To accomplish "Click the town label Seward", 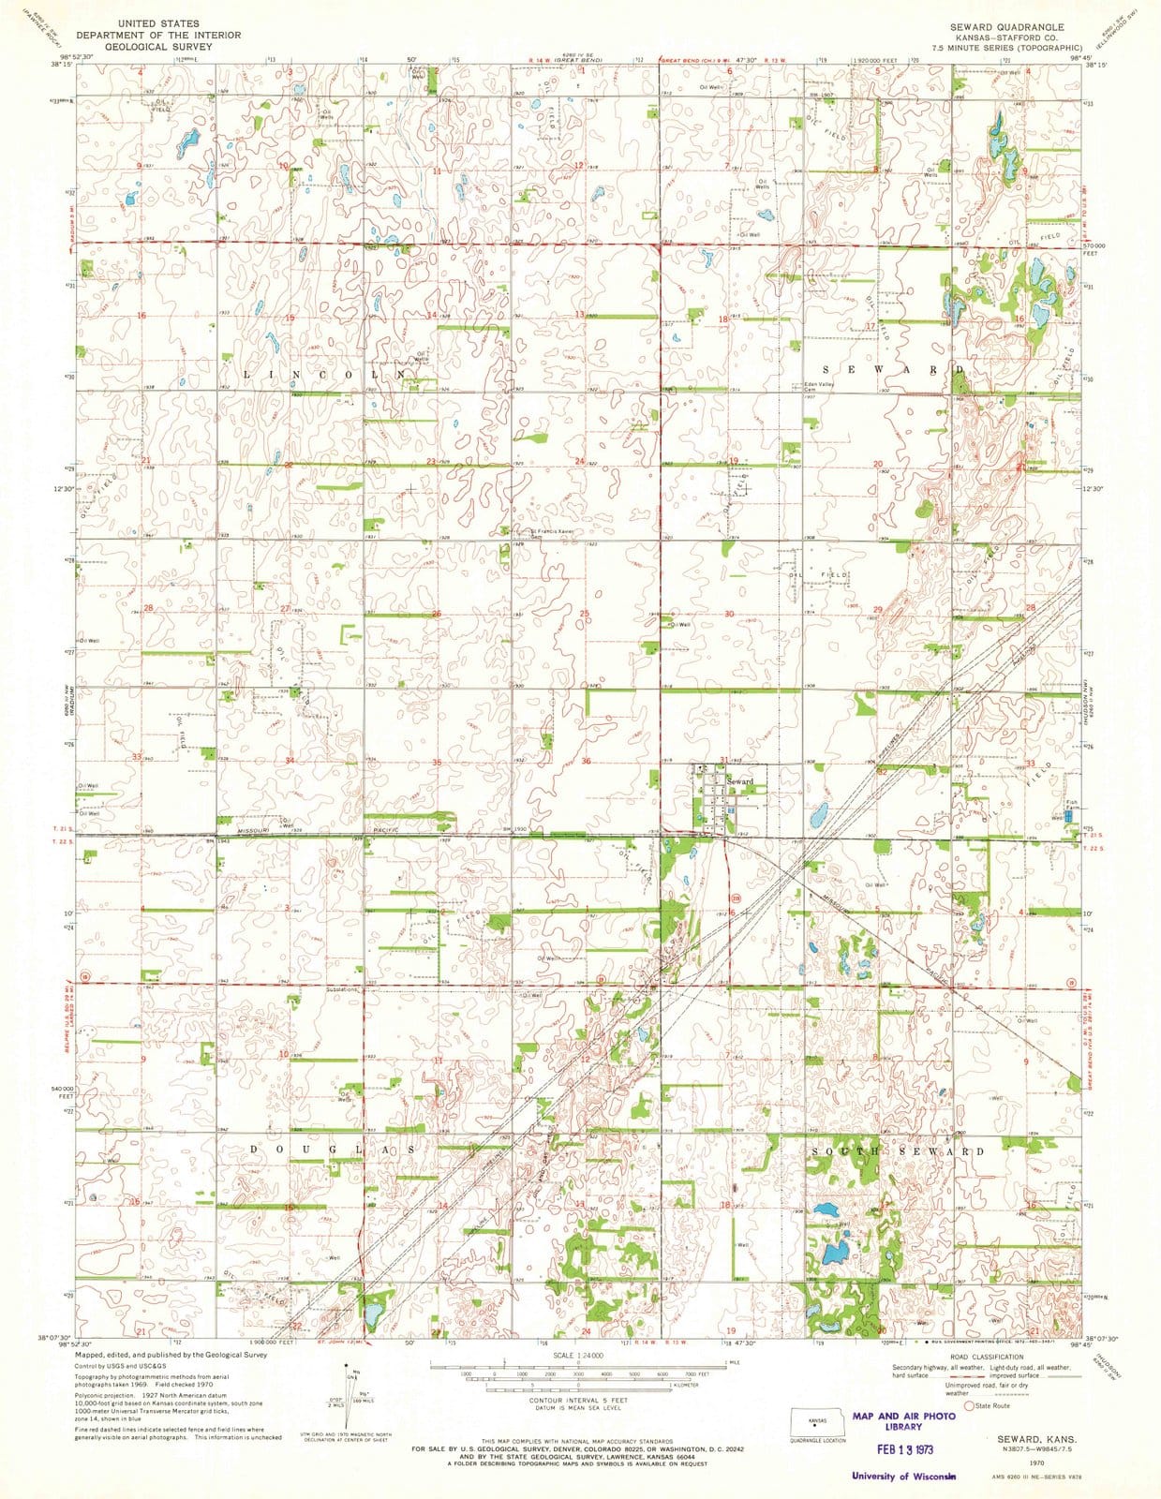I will tap(740, 781).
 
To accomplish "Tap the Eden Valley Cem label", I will tap(819, 387).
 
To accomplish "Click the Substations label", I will tap(341, 989).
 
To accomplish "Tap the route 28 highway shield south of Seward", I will tap(737, 898).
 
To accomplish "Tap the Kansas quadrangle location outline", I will tap(817, 1421).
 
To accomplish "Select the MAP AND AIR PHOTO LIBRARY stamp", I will tap(904, 1421).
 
